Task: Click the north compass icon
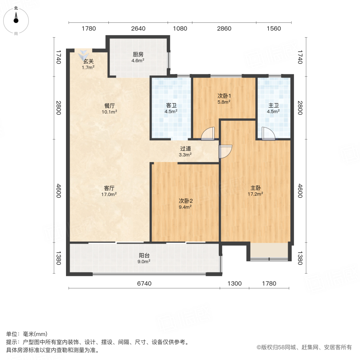tap(16, 19)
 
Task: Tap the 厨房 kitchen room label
tap(138, 55)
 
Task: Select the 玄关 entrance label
tap(88, 62)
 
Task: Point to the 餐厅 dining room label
tap(110, 106)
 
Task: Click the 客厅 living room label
tap(110, 188)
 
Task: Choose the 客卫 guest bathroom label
tap(172, 106)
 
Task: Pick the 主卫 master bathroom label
tap(274, 106)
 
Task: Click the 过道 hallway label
tap(185, 148)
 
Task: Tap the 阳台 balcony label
tap(144, 255)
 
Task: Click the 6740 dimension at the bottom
tap(144, 284)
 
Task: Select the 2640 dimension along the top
tap(138, 28)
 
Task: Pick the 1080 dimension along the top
tap(180, 28)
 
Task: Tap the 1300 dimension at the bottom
tap(235, 284)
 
